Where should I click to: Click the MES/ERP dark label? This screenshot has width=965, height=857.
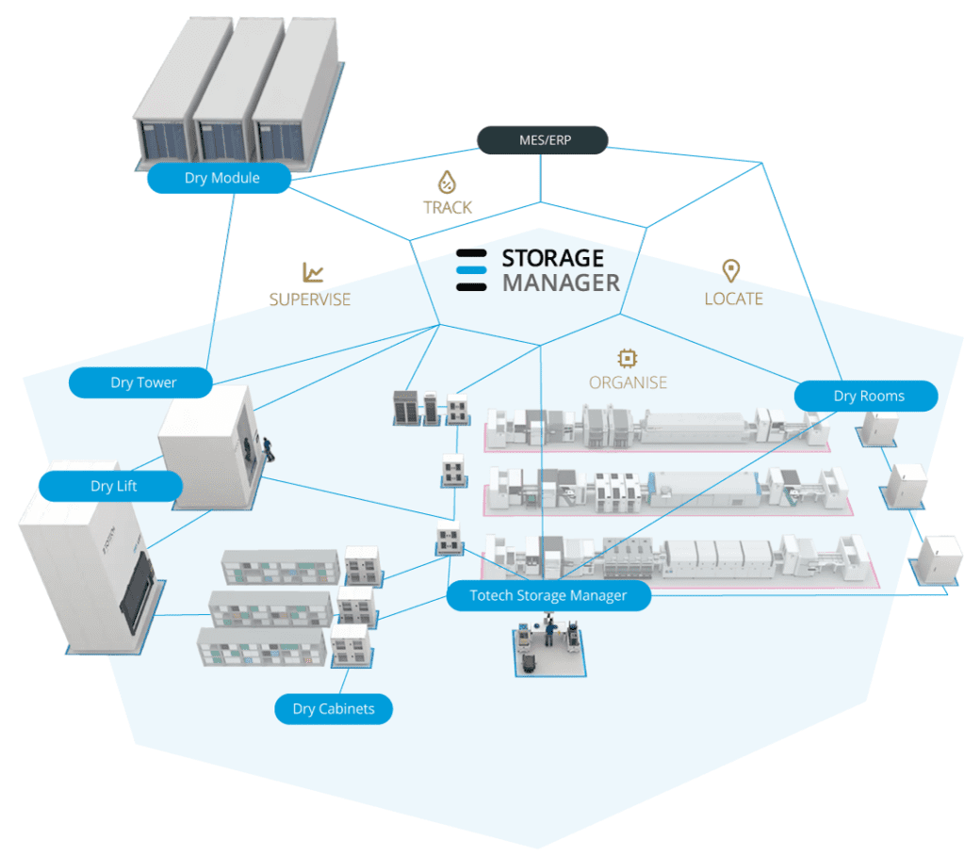click(x=542, y=140)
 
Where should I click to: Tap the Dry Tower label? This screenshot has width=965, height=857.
click(x=140, y=382)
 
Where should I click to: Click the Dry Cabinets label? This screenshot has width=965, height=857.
click(x=333, y=709)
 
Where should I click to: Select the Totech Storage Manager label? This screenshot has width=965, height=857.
click(x=548, y=596)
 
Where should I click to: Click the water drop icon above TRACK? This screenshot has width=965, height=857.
click(x=447, y=182)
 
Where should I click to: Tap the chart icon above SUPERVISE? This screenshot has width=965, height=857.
click(x=313, y=272)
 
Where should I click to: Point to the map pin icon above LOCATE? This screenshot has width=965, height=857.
click(x=730, y=271)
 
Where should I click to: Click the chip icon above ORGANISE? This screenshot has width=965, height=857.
click(x=628, y=357)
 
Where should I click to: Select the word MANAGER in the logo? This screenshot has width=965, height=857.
click(x=561, y=283)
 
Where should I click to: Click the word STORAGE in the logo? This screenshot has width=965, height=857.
click(x=552, y=258)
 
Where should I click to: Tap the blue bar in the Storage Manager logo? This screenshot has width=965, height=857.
click(x=471, y=269)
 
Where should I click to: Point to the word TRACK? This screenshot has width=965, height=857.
click(x=448, y=207)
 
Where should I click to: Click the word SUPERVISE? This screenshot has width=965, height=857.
click(x=310, y=299)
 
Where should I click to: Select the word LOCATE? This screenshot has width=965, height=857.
click(x=733, y=299)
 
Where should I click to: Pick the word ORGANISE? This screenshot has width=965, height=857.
click(x=628, y=382)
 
